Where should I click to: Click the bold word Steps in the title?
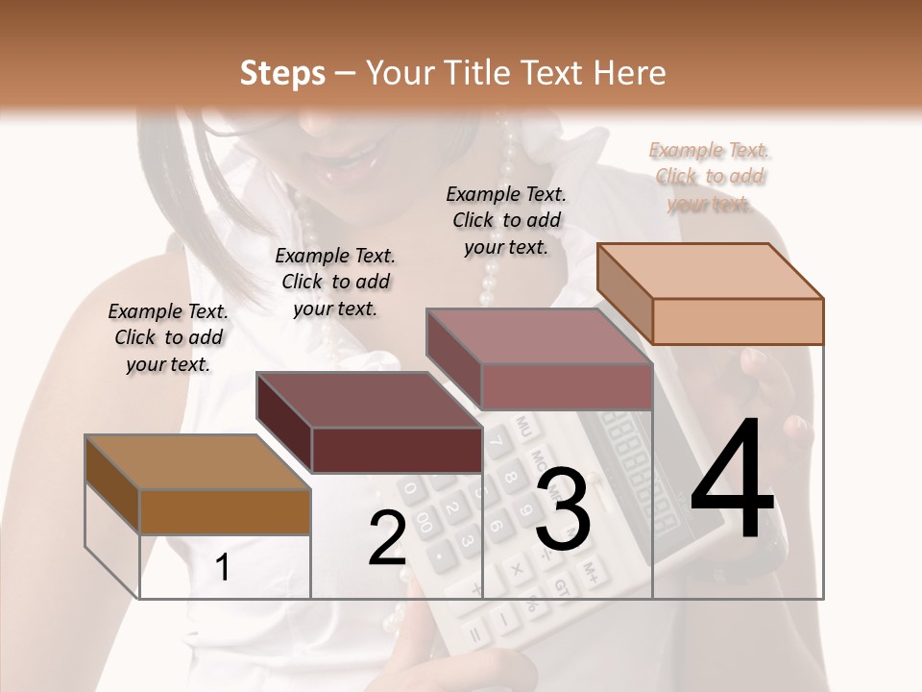282,73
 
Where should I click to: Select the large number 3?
562,508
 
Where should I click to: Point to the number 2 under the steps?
387,538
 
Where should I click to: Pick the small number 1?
223,568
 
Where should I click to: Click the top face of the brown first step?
196,461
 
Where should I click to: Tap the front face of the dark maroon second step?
396,450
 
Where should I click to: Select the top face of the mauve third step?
538,336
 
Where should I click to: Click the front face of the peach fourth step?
737,321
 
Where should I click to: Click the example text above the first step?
168,337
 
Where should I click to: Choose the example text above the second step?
335,282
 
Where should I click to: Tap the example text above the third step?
506,220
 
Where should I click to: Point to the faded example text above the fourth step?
710,177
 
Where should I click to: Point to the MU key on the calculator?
523,424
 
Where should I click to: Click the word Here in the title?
631,73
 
